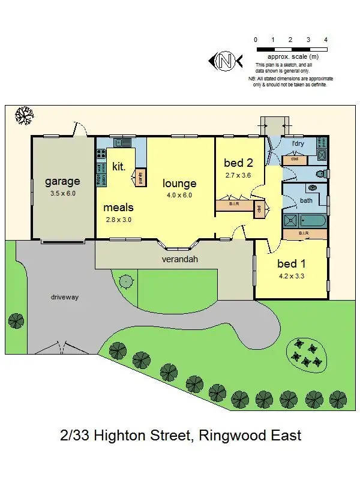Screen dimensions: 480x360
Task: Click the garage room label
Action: [x=62, y=181]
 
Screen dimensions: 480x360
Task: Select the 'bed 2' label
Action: [x=238, y=163]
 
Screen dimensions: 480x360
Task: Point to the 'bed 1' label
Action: [x=291, y=263]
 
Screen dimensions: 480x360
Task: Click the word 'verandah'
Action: [x=179, y=260]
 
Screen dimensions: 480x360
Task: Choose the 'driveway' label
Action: [x=65, y=297]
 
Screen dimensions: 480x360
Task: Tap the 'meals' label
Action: [x=118, y=208]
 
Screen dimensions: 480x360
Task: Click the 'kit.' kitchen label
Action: [x=119, y=167]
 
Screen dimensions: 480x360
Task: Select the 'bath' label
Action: [x=306, y=200]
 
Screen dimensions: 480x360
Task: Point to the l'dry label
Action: [x=298, y=144]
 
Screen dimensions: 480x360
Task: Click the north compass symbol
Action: [x=225, y=61]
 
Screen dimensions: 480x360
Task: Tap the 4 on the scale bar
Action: [x=326, y=40]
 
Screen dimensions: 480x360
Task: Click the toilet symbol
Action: [x=321, y=173]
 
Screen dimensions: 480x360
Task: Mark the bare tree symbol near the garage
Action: [x=24, y=115]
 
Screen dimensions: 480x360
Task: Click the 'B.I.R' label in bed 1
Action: [x=303, y=232]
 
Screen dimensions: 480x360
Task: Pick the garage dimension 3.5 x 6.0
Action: [x=62, y=194]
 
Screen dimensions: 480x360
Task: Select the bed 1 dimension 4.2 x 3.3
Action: [x=291, y=277]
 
